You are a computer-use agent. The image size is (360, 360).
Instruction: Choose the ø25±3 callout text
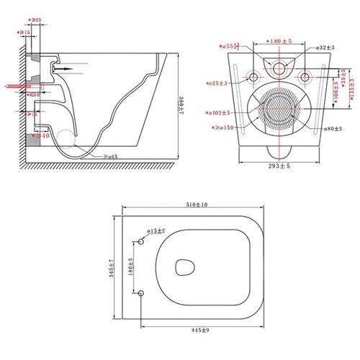point(217,84)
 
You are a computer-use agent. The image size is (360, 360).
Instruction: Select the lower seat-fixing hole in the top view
point(142,292)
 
